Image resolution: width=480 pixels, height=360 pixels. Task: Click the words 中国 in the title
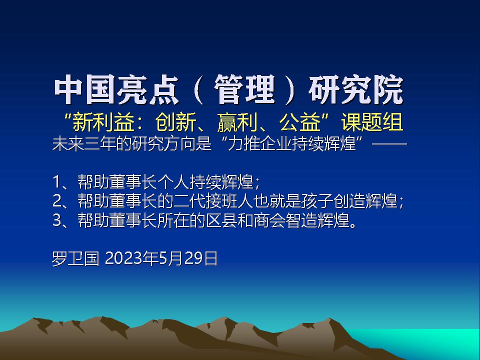pos(85,90)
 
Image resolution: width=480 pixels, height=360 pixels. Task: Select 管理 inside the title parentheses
pos(244,90)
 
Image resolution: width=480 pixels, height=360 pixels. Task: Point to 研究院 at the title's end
pos(356,90)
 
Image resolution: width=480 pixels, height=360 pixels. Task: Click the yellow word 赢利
pos(236,122)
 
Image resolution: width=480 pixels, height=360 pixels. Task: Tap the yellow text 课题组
pos(372,122)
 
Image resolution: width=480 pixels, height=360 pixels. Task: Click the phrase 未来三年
pos(84,143)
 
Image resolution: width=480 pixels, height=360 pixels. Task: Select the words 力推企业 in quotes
pos(259,143)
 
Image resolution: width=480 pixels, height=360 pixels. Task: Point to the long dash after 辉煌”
pos(389,143)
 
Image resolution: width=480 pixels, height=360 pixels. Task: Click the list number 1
pos(56,181)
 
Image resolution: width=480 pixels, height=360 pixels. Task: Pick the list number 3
pos(57,220)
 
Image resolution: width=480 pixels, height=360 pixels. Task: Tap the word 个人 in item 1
pos(173,181)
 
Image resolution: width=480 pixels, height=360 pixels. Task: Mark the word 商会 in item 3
pos(269,220)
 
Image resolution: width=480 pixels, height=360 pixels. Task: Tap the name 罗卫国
pos(75,258)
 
